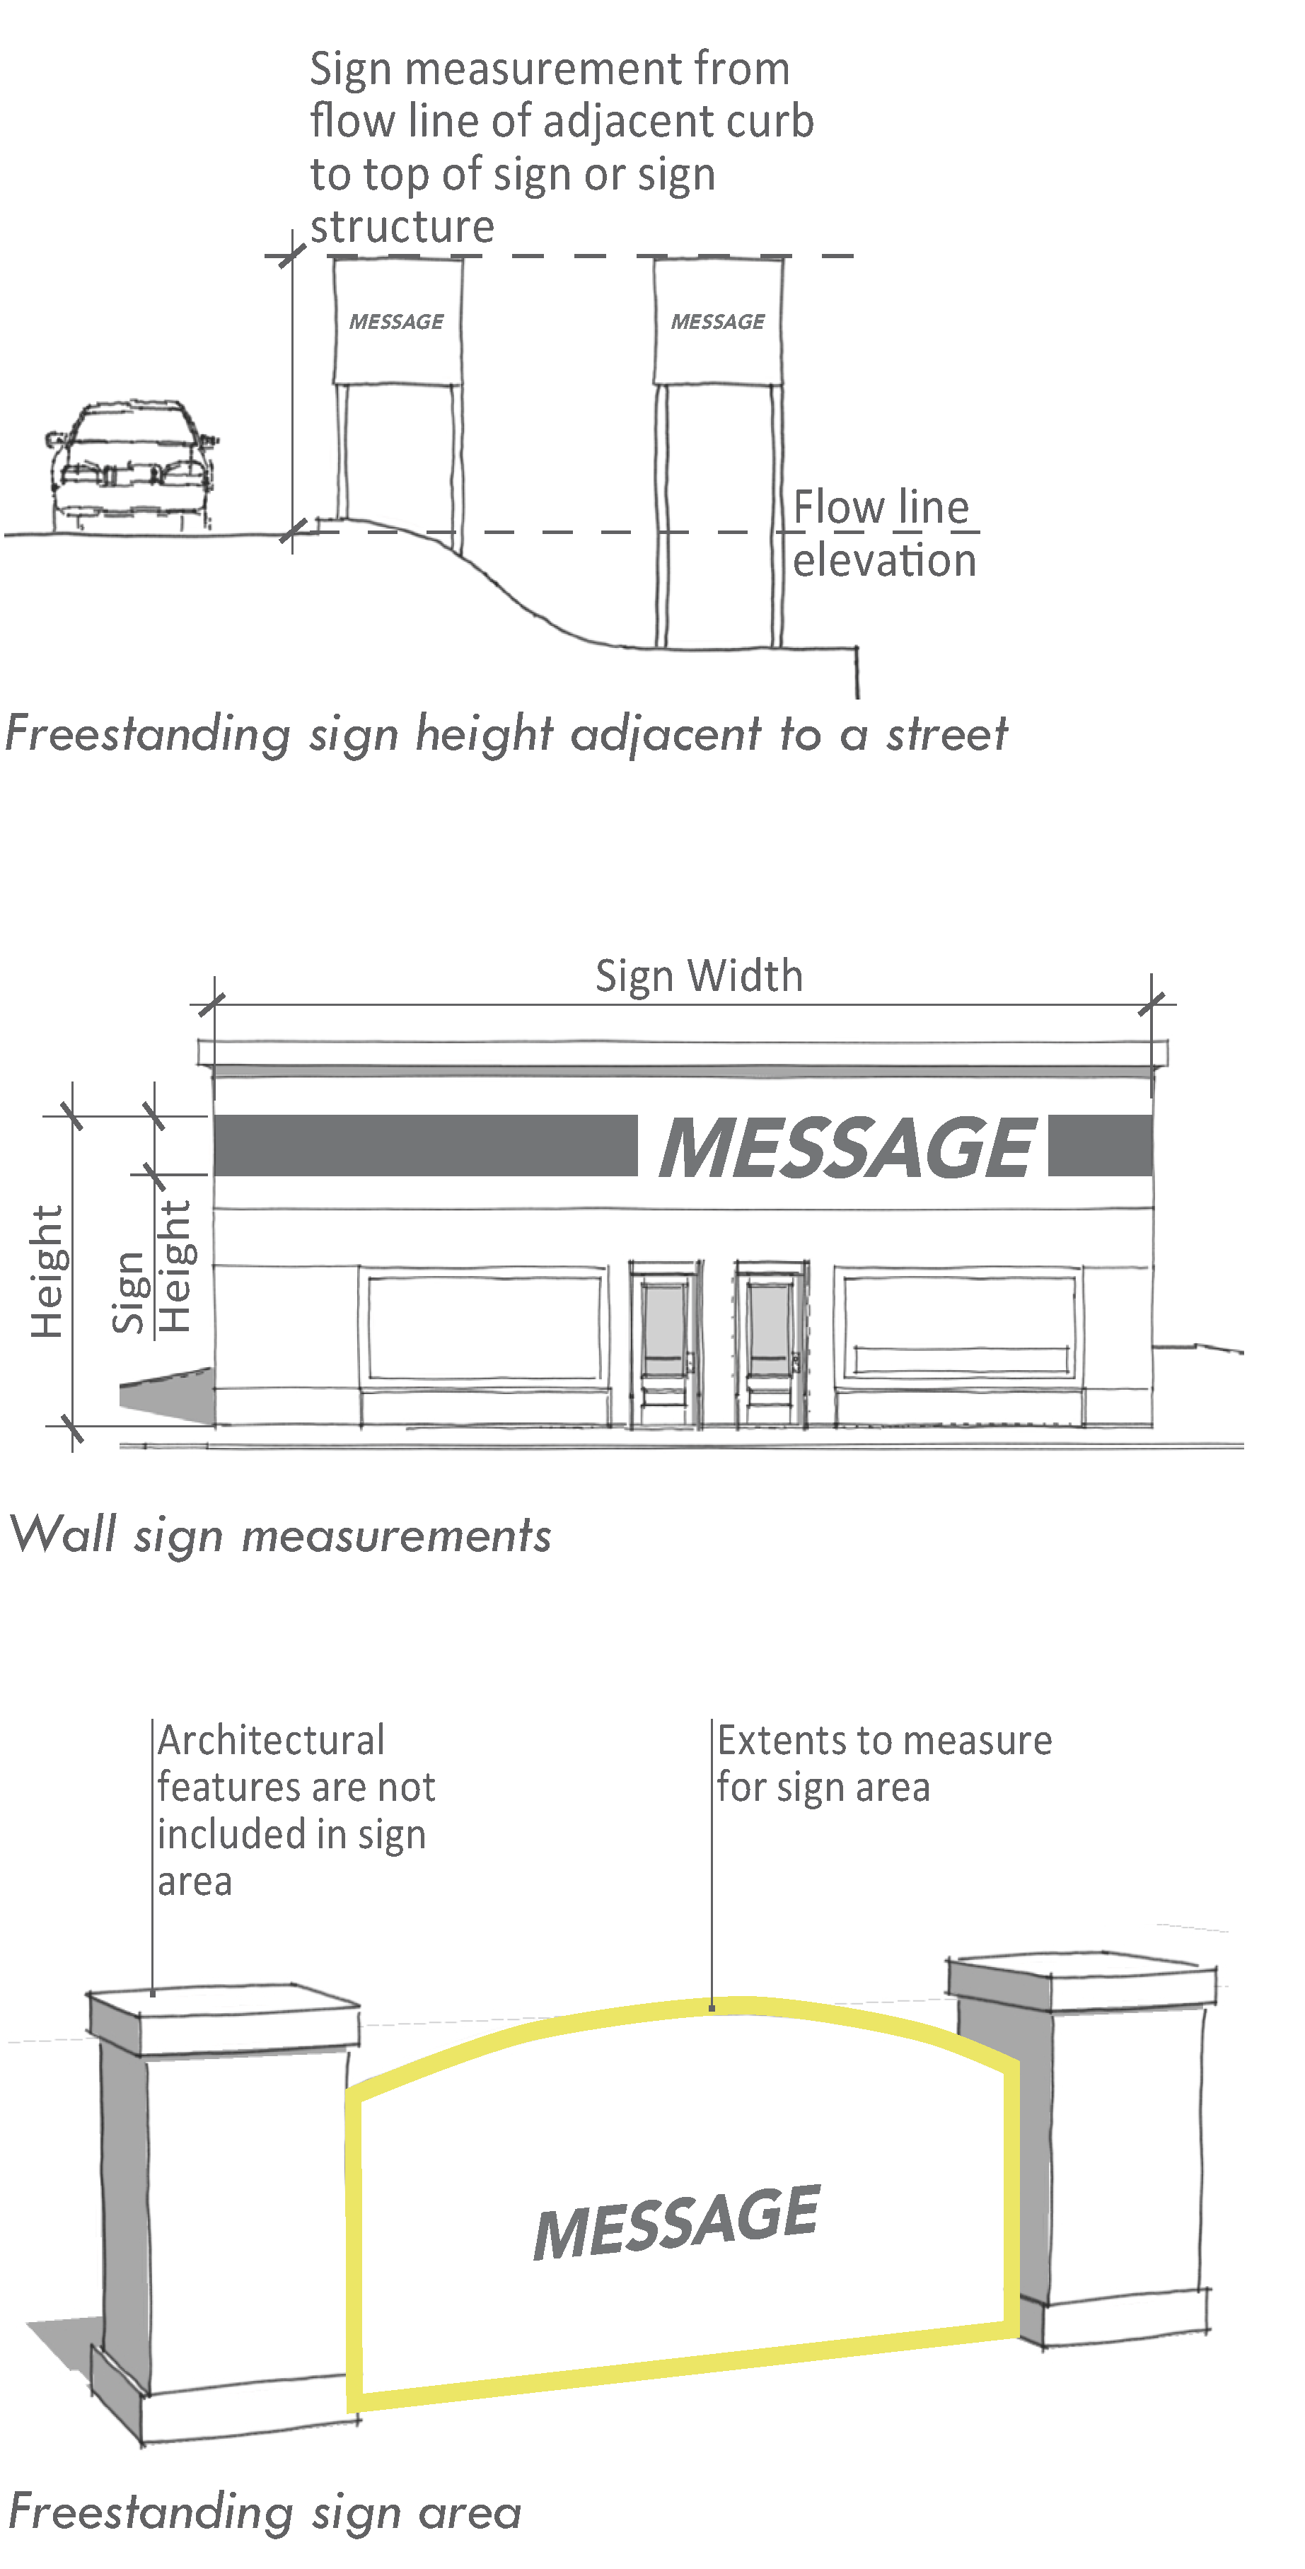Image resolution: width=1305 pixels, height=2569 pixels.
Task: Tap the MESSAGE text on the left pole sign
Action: (397, 322)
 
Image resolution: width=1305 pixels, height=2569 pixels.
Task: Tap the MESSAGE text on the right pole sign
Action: (718, 322)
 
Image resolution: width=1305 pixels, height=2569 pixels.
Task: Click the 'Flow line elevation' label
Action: (883, 535)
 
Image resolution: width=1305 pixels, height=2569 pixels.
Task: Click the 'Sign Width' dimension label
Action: (699, 976)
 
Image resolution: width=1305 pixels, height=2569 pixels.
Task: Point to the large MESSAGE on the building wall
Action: (847, 1147)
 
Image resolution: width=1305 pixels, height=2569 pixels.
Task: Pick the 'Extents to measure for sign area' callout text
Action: (883, 1763)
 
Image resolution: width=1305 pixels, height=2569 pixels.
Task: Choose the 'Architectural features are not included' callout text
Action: (295, 1810)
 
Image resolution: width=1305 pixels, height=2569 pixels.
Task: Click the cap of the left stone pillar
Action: (224, 2019)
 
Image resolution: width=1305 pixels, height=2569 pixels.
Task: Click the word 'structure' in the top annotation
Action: (402, 227)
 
